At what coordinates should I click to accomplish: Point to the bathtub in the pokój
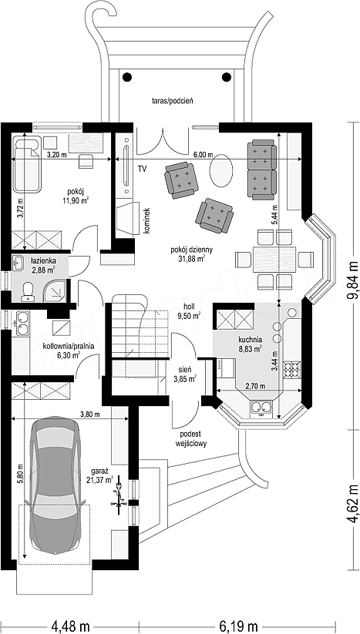27,164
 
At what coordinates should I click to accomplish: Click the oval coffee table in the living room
222,172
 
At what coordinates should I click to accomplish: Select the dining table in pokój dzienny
274,259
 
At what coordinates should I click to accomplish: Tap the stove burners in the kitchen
291,369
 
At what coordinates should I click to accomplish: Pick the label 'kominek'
146,221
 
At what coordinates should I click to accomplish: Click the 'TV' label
142,169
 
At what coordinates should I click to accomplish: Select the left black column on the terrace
127,76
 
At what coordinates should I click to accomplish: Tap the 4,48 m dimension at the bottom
70,626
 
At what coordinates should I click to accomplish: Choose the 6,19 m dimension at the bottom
240,626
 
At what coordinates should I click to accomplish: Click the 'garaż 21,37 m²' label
101,475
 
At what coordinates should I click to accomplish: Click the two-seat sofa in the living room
262,169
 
